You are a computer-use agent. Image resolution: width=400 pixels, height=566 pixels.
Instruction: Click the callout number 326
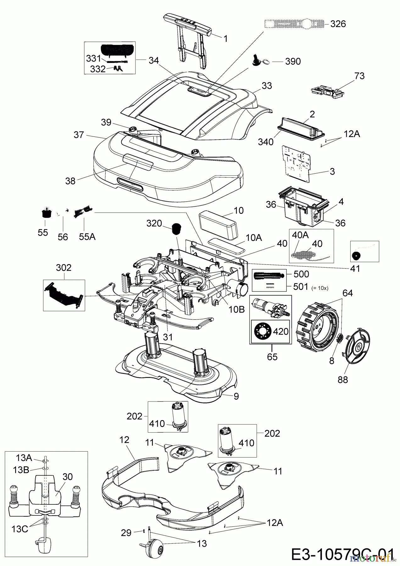tap(338, 24)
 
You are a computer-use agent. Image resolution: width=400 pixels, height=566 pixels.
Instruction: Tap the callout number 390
tap(293, 61)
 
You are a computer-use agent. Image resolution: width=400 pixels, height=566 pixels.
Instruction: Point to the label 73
tap(359, 76)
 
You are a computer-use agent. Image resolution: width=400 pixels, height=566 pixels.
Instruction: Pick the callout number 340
tap(265, 142)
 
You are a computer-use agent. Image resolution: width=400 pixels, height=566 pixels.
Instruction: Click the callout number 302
tap(64, 268)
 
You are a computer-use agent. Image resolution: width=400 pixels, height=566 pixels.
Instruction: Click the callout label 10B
tap(237, 309)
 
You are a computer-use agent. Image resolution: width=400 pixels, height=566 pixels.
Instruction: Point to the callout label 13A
tap(24, 457)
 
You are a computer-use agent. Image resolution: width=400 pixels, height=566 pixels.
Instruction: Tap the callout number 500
tap(301, 274)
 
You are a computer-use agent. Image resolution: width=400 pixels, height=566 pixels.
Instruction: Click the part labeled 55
tap(47, 214)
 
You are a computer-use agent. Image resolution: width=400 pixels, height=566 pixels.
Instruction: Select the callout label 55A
tap(87, 236)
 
